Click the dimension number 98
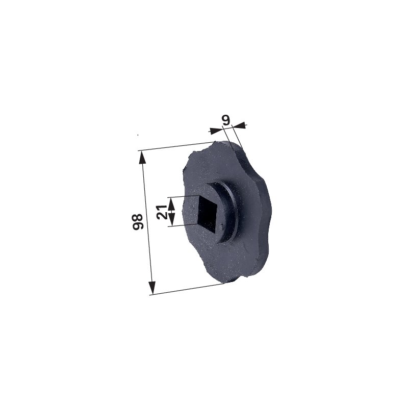[x=138, y=222]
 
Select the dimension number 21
[x=162, y=212]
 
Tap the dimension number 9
[x=226, y=120]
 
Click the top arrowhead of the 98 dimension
[x=142, y=158]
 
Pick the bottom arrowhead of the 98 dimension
[x=151, y=288]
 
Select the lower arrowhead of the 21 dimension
[x=171, y=219]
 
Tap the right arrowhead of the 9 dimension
[x=239, y=125]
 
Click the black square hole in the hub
[x=208, y=214]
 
